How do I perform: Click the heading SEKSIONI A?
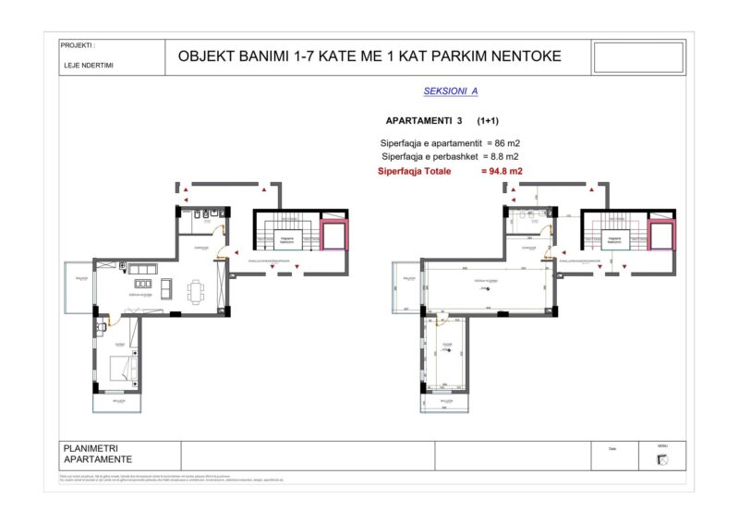pos(450,91)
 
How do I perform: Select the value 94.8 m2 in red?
pos(502,171)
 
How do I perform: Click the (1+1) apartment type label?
pos(489,121)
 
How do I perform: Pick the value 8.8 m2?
pos(502,157)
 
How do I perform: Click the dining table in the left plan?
pos(199,290)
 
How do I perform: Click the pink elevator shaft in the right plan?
pos(660,237)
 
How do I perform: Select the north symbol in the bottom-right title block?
pos(662,461)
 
